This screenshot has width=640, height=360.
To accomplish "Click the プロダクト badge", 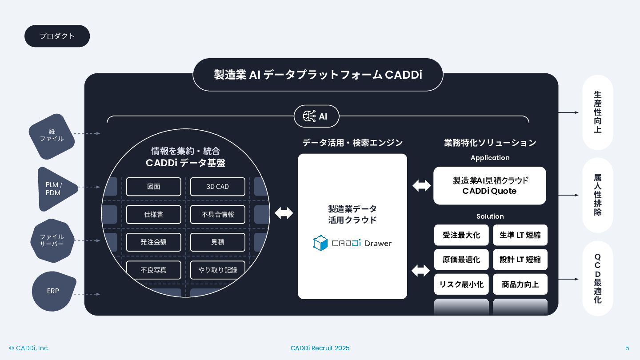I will click(x=57, y=36).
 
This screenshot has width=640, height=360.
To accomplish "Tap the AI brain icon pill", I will click(x=316, y=116).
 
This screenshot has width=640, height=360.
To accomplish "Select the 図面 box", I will click(x=153, y=187).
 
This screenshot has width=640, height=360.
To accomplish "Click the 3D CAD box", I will click(x=217, y=187).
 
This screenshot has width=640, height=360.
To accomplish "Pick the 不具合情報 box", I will click(x=217, y=214).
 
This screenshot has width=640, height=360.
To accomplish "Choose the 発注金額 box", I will click(x=153, y=242).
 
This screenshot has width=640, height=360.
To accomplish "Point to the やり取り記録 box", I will click(x=217, y=270).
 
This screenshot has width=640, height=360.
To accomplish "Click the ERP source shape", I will click(x=53, y=291).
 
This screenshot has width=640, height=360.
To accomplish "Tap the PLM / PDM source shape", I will click(x=55, y=189).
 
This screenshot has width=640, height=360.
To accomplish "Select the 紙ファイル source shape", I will click(x=52, y=136).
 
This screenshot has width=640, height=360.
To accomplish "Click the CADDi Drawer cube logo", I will click(x=320, y=243).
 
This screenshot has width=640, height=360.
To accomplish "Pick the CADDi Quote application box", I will click(x=489, y=186).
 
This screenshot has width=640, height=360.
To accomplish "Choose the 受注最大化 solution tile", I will click(x=461, y=235).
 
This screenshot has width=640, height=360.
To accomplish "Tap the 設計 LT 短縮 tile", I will click(x=520, y=260).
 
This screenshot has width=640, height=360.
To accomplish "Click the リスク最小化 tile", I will click(x=461, y=284).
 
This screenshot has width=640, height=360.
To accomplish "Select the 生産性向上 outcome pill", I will click(x=597, y=112).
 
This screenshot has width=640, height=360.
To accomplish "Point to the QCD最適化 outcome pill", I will click(x=597, y=279).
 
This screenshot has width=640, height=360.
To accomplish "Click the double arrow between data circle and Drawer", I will click(x=284, y=213).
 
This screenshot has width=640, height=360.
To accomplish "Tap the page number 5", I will click(x=627, y=348).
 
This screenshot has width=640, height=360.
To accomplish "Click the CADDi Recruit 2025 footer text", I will click(x=320, y=348).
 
